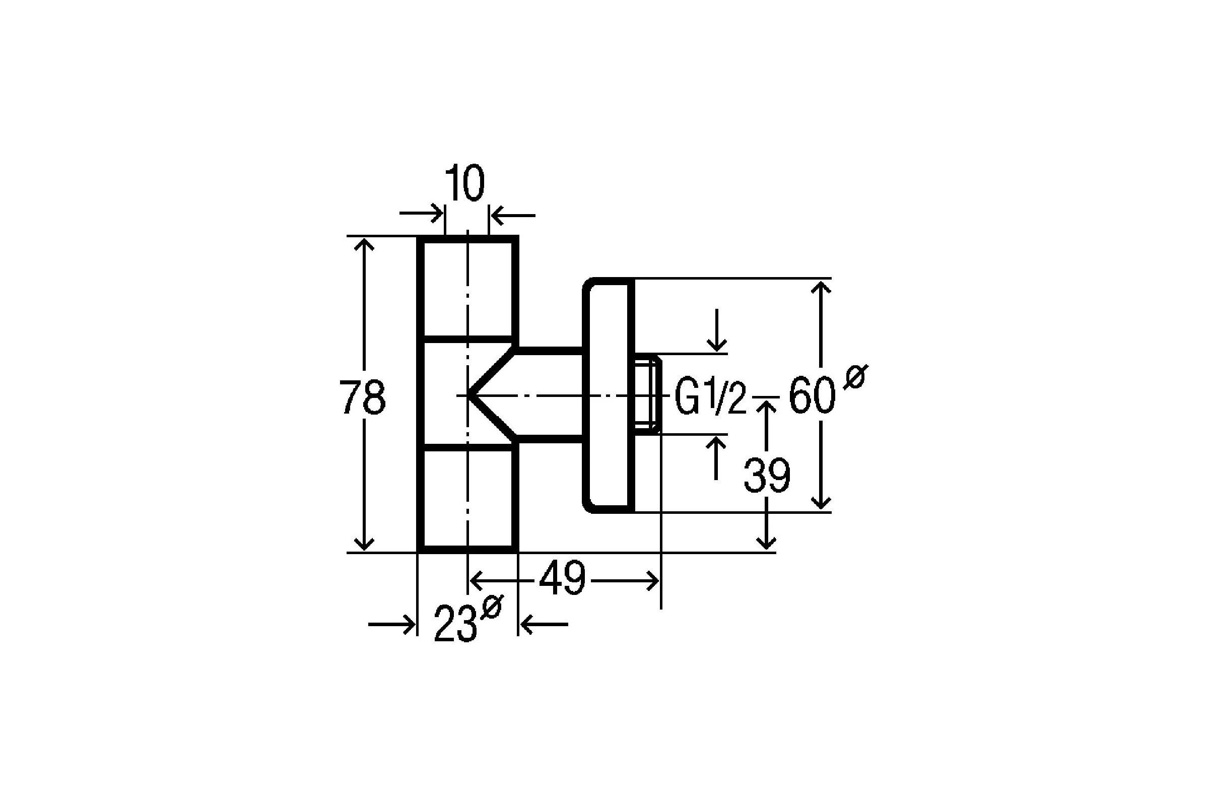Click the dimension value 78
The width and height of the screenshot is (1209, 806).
(362, 397)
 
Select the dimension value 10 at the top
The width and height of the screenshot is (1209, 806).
(464, 183)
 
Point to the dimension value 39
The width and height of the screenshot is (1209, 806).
(767, 476)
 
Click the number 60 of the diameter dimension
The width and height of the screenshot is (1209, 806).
(812, 395)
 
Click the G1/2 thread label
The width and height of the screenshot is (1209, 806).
(710, 397)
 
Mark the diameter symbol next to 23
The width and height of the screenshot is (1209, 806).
(491, 607)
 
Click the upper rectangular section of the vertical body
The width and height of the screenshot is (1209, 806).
(467, 288)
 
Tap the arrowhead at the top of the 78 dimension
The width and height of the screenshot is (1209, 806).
(364, 244)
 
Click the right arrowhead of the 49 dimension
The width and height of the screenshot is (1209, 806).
(653, 581)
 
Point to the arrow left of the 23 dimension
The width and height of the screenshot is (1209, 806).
(392, 625)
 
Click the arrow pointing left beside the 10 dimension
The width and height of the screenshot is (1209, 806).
(513, 216)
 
